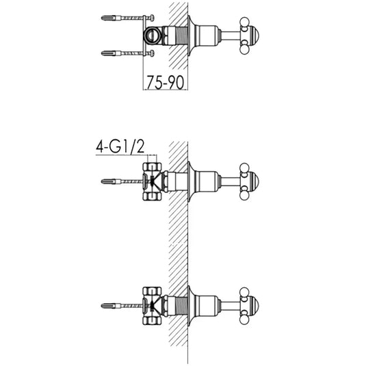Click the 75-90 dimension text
tap(166, 82)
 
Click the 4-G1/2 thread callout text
tap(120, 147)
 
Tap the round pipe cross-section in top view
tap(151, 36)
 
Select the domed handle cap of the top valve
tap(254, 36)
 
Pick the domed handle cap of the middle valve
tap(254, 181)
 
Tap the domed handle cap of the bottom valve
tap(254, 306)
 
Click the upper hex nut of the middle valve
tap(152, 167)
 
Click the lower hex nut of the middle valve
tap(152, 196)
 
